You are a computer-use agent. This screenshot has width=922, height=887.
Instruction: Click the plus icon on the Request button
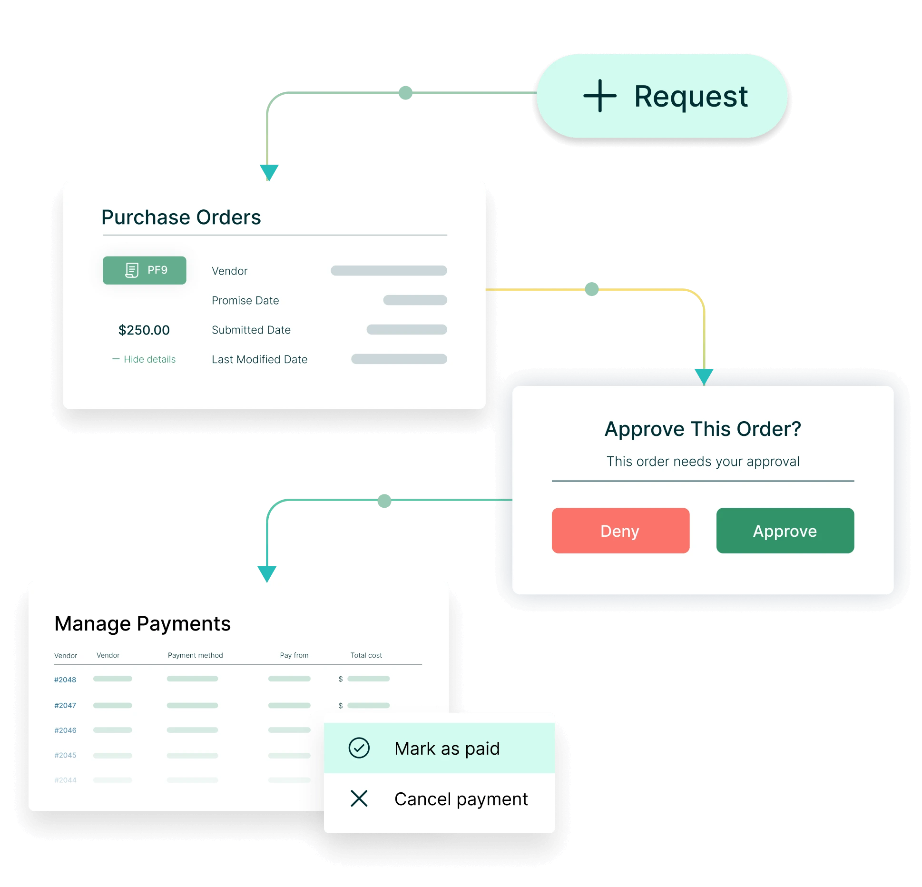599,96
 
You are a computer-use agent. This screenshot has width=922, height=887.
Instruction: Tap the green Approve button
785,530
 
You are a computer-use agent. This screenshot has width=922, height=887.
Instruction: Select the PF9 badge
145,270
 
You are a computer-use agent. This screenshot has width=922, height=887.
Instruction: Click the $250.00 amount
144,330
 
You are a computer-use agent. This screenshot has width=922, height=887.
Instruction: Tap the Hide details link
144,359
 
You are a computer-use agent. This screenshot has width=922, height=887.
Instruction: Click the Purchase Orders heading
181,217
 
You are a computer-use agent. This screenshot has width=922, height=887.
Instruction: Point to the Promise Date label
245,301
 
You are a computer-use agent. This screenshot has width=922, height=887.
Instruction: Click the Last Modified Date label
260,360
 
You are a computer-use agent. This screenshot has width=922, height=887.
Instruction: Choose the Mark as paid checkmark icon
359,748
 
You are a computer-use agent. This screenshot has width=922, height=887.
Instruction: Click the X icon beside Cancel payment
359,798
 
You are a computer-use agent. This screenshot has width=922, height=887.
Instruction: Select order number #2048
65,680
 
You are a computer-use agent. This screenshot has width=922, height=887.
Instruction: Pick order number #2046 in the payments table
65,730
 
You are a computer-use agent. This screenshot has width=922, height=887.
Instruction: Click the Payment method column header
196,655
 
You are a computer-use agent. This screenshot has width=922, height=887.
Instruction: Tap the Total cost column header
366,655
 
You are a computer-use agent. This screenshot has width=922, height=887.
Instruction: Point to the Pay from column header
294,655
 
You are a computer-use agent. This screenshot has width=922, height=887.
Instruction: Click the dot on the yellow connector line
592,289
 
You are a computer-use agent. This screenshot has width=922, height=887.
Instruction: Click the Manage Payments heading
143,624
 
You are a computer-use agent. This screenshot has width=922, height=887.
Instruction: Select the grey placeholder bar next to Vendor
389,271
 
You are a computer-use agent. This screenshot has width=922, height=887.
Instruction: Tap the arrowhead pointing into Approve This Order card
704,376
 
